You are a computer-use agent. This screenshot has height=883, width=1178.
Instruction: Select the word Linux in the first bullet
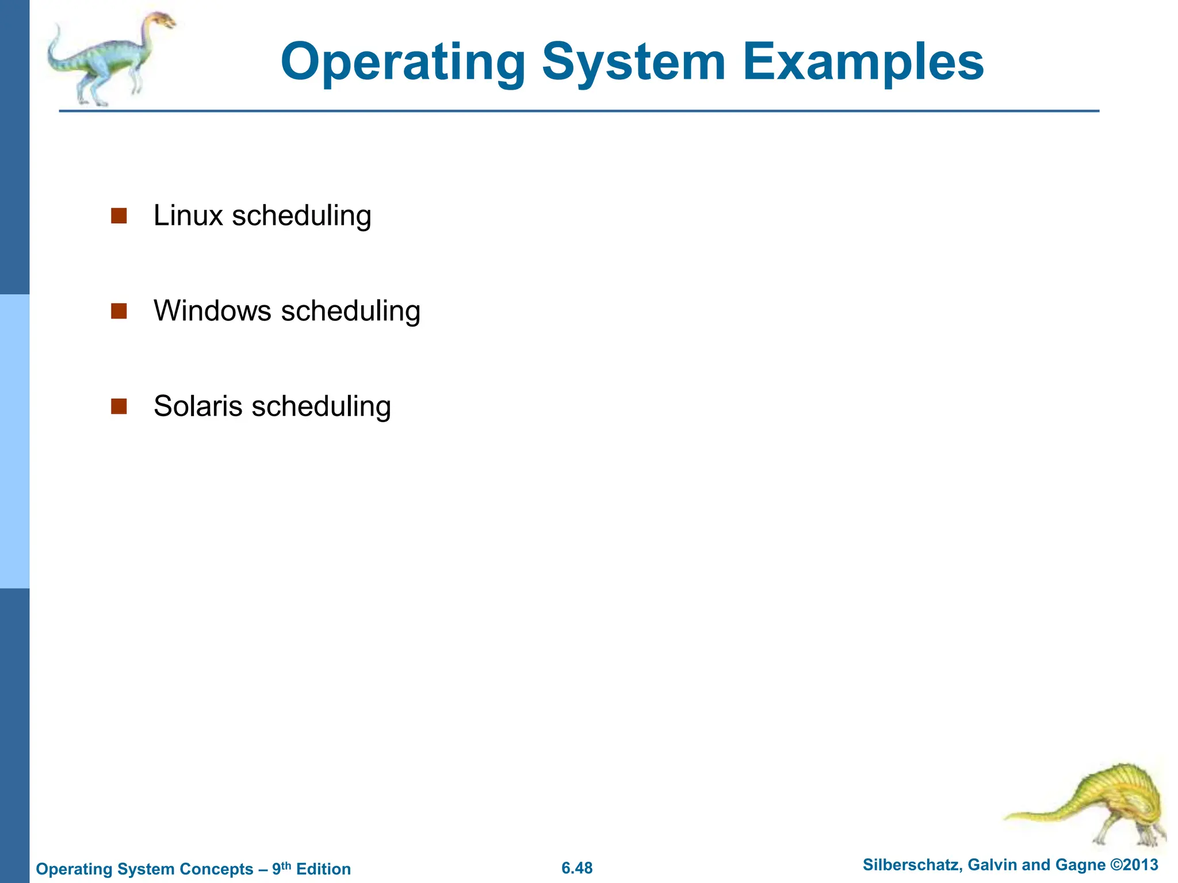pyautogui.click(x=188, y=216)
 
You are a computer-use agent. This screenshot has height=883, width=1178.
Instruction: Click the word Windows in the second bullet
pyautogui.click(x=212, y=311)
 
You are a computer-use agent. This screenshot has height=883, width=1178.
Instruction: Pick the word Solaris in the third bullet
pyautogui.click(x=198, y=406)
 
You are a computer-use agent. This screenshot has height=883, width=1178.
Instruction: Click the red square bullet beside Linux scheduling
pyautogui.click(x=118, y=216)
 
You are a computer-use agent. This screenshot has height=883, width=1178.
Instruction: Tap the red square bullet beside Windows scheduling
pyautogui.click(x=118, y=311)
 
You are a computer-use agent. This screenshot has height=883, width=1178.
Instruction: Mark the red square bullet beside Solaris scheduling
pyautogui.click(x=118, y=406)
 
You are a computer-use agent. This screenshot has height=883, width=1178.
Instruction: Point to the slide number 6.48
pyautogui.click(x=577, y=868)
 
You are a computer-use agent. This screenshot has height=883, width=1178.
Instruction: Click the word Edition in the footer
pyautogui.click(x=323, y=869)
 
